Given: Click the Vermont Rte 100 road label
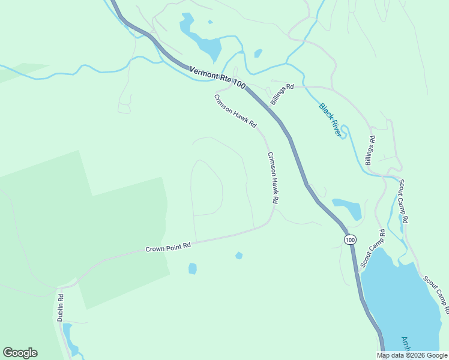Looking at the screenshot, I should pos(217,79).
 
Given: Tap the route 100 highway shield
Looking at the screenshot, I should pos(350,239).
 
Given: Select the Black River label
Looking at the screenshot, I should pos(330,119).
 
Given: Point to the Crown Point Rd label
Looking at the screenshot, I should pos(168,246).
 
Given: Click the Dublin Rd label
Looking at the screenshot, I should pos(61,307).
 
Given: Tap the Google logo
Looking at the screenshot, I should pos(20,353).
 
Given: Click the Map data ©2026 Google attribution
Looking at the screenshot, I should pos(412,355).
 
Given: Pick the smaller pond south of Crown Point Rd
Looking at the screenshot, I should pos(239,256).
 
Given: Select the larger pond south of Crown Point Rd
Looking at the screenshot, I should pos(192,268).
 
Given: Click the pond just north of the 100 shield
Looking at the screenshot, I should pos(348,208).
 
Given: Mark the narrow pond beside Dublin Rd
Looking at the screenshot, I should pos(70,338).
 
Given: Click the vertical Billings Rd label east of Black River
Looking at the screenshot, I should pos(370,151).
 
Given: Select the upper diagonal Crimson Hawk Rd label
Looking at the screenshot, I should pos(235,110).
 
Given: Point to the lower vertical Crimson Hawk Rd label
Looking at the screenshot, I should pos(273,177).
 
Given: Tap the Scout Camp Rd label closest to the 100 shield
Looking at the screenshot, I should pos(372,248).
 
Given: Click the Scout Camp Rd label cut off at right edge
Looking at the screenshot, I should pos(436,294).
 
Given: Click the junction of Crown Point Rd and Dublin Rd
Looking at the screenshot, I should pos(62,287).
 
